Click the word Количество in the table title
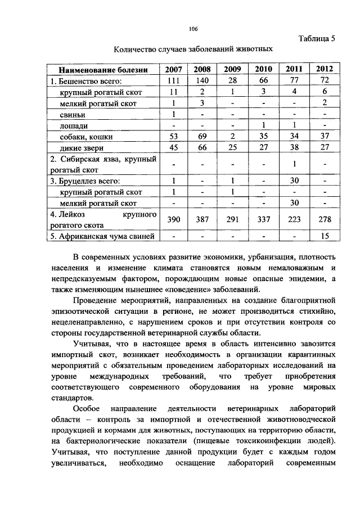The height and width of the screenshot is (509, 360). [136, 49]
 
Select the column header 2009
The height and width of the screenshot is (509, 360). [232, 69]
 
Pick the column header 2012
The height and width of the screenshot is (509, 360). [324, 69]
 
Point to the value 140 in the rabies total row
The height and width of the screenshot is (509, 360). [202, 80]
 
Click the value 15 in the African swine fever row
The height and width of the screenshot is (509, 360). [325, 236]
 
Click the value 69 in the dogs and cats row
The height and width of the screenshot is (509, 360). [202, 136]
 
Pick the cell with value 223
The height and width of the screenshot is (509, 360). [294, 219]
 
